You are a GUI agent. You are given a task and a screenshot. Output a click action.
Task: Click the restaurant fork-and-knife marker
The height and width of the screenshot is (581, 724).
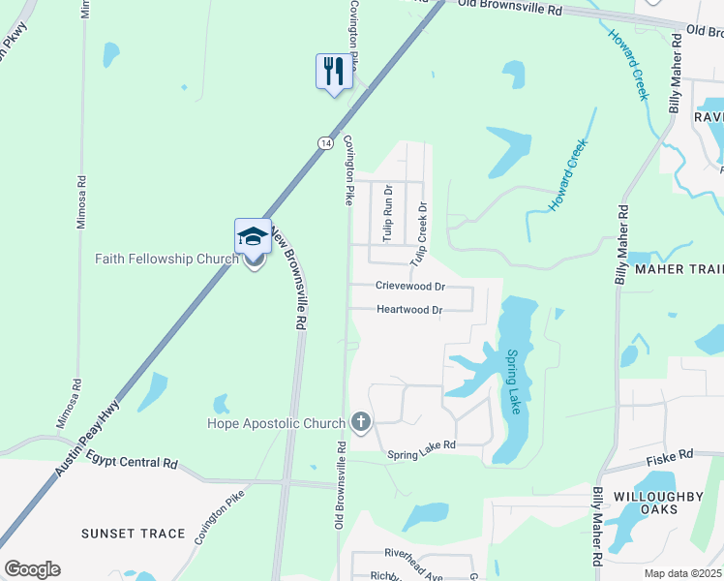(333, 72)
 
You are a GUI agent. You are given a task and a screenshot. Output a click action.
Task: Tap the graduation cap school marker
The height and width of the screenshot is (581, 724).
(252, 236)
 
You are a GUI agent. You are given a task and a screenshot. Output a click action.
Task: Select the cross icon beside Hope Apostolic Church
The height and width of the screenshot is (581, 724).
(360, 421)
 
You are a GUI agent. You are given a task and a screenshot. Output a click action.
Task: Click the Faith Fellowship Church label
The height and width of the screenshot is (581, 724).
(166, 259)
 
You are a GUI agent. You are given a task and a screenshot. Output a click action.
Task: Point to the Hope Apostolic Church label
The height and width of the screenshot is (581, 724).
(276, 423)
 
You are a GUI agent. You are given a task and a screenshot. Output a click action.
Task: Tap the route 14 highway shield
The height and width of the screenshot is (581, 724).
(323, 141)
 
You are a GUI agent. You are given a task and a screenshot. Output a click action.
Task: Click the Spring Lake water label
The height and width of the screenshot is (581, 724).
(513, 382)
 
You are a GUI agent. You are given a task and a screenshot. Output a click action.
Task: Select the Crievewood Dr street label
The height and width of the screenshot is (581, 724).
(410, 287)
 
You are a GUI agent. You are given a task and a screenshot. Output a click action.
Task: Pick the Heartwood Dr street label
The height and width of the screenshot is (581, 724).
(408, 310)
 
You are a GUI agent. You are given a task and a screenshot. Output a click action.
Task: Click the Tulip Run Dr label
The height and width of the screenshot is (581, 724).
(387, 213)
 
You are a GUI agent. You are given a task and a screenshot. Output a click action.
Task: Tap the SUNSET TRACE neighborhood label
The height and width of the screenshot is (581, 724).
(133, 534)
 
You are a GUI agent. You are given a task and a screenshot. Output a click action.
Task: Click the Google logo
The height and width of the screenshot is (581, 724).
(32, 568)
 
